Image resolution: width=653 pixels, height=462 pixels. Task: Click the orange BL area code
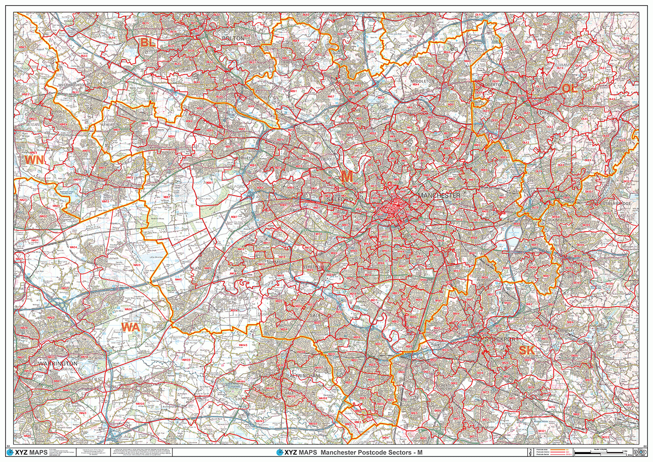pyautogui.click(x=148, y=43)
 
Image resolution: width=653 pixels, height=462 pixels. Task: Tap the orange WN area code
pyautogui.click(x=34, y=160)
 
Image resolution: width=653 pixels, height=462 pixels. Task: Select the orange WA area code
pyautogui.click(x=131, y=327)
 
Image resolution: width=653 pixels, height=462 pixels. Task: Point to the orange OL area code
pyautogui.click(x=569, y=88)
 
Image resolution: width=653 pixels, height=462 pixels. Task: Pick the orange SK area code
pyautogui.click(x=526, y=350)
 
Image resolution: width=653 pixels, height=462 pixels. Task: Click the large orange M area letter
pyautogui.click(x=347, y=176)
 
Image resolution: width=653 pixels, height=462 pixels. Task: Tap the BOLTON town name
pyautogui.click(x=233, y=38)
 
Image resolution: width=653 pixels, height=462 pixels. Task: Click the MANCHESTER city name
pyautogui.click(x=439, y=196)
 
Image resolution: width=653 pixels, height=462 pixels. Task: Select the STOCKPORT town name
pyautogui.click(x=502, y=339)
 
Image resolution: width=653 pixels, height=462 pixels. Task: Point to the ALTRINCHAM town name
pyautogui.click(x=305, y=375)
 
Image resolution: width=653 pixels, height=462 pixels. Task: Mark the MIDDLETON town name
pyautogui.click(x=422, y=81)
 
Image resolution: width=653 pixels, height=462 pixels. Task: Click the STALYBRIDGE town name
pyautogui.click(x=616, y=203)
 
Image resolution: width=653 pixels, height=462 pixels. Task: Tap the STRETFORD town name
pyautogui.click(x=313, y=266)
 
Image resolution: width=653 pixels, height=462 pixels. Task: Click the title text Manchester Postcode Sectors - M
pyautogui.click(x=371, y=452)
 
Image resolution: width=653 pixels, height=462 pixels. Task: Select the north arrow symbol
pyautogui.click(x=530, y=452)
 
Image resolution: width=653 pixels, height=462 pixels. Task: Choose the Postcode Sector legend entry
pyautogui.click(x=544, y=455)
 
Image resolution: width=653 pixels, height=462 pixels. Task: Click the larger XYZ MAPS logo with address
pyautogui.click(x=27, y=452)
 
